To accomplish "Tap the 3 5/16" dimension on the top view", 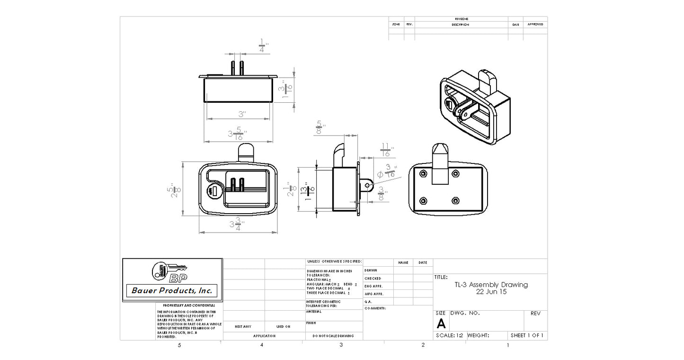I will pos(238,134).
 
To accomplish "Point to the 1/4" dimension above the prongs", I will pos(263,46).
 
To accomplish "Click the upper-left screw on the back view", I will pos(422,173).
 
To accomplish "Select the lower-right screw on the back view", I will pos(455,200).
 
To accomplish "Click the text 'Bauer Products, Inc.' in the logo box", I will pos(172,290).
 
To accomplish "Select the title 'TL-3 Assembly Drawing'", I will pos(491,285).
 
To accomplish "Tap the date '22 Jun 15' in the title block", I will pos(491,292).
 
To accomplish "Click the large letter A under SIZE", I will pos(441,324).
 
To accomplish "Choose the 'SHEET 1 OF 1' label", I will pos(527,335).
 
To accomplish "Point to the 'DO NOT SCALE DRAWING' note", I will pos(333,336).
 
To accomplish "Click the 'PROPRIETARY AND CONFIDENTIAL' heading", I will pos(189,306).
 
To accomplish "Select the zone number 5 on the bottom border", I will pos(179,345).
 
